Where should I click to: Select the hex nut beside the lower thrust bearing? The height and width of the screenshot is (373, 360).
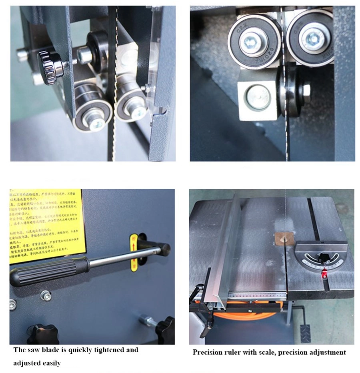pos(306,91)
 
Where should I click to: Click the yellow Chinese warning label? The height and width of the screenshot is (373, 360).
pos(46,226)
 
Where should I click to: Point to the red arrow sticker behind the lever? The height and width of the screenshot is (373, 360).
pos(134,253)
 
